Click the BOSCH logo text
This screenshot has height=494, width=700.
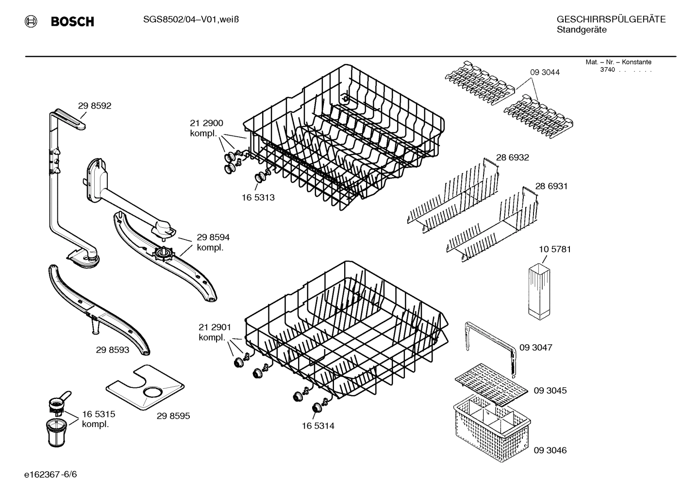(72, 22)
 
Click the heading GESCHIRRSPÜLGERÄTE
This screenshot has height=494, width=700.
(611, 19)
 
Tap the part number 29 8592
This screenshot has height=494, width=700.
(94, 106)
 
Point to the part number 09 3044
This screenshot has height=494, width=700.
(545, 72)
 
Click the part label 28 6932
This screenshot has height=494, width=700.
(512, 158)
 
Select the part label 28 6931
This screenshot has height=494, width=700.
(551, 186)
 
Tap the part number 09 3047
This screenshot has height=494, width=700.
(535, 348)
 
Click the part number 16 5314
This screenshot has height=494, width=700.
(318, 426)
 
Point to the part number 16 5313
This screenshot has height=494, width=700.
(258, 198)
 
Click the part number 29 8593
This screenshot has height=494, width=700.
(113, 350)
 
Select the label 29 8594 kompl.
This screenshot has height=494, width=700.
(213, 242)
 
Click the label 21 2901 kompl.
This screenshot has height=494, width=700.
(214, 332)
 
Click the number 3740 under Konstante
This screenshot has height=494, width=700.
(607, 70)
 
